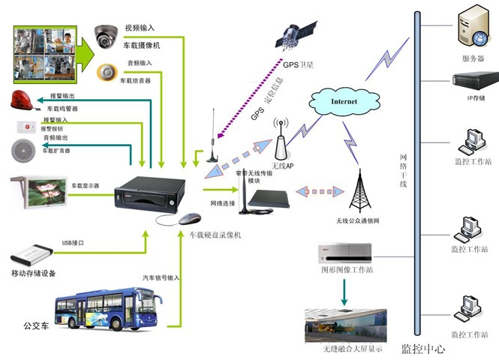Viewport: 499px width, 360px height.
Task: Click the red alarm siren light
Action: [x=23, y=99]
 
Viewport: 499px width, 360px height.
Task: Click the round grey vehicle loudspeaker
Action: [x=24, y=149]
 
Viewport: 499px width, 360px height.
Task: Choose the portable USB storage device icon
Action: [x=30, y=253]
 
